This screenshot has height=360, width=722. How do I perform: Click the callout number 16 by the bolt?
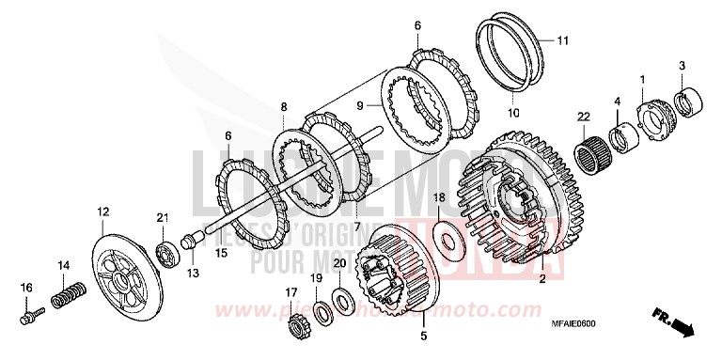26,287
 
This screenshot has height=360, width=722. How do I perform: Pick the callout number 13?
192,273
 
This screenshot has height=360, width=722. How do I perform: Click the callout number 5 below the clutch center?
423,336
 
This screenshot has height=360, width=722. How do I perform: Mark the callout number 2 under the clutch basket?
541,280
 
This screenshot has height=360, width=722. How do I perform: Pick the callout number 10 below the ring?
513,113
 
